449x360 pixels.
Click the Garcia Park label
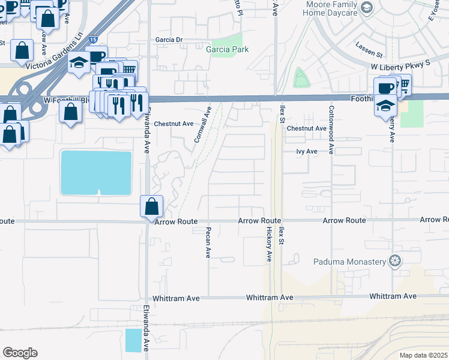[227, 49]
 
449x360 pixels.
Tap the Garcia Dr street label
[168, 40]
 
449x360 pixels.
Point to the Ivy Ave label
[306, 152]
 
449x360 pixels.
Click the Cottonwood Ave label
[331, 128]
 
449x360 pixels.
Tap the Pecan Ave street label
[208, 242]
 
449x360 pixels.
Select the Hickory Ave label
[270, 244]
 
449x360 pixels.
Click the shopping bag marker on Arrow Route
[151, 207]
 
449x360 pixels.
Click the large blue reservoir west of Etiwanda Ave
[96, 173]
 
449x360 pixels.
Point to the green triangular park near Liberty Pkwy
[300, 79]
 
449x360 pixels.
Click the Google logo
[20, 353]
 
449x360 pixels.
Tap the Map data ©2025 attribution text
[423, 355]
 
